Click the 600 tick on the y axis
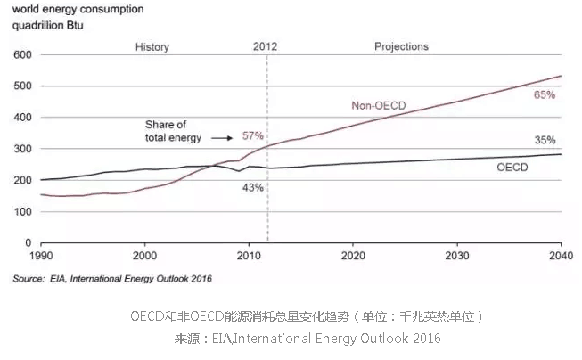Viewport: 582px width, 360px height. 22,55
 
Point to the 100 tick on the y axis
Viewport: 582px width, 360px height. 22,211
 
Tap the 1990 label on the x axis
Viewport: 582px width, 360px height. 41,255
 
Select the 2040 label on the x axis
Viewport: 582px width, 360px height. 559,255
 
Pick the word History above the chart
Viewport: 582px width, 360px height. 152,46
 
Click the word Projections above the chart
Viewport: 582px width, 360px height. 401,46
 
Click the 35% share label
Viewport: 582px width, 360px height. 545,140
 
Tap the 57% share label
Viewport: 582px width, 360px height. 253,136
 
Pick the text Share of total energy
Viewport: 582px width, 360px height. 175,131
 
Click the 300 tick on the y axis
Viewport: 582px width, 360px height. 22,149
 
